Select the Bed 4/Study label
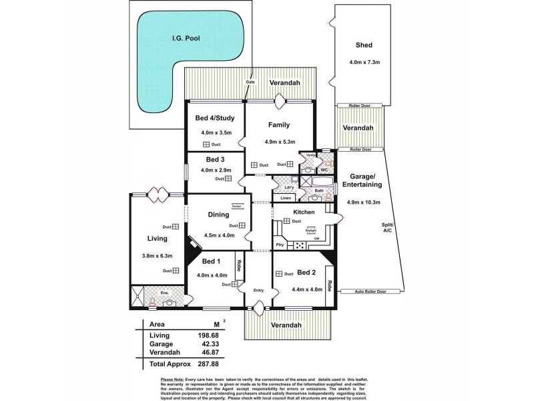(214, 118)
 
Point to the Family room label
(278, 125)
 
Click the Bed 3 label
(215, 159)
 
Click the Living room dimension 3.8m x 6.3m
(158, 255)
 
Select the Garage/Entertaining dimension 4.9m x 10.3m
(364, 202)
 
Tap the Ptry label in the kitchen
(280, 245)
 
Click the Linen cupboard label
(286, 198)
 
